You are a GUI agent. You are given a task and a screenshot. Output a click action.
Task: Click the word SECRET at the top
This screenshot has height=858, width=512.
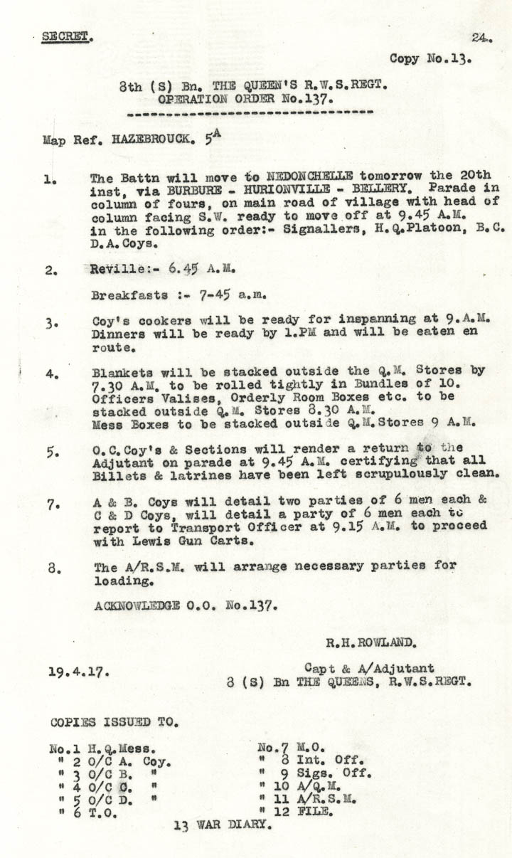coord(66,36)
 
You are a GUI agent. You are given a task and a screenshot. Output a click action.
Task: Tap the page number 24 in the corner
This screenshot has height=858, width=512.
coord(481,38)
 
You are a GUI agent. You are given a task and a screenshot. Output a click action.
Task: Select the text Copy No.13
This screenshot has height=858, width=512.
coord(430,59)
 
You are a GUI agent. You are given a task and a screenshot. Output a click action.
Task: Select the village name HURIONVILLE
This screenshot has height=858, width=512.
coord(281,189)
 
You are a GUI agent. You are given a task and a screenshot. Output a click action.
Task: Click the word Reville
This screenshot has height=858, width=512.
coord(116,270)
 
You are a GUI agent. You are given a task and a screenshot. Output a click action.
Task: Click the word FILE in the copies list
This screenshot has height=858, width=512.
coord(314,812)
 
